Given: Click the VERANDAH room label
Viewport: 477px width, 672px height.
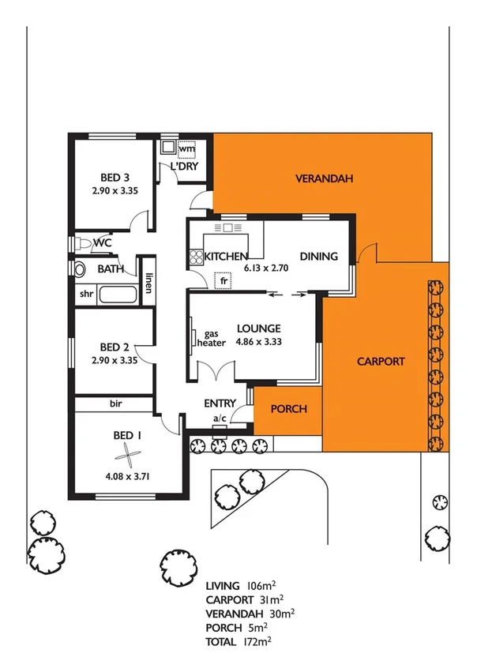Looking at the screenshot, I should coord(324,178).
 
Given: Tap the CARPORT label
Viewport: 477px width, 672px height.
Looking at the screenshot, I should coord(381,362).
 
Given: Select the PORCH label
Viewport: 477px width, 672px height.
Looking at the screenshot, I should coord(288,409).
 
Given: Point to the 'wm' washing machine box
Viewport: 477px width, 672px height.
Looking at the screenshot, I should coord(186,148).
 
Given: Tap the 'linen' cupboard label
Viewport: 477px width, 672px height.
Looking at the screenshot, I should coord(148,283).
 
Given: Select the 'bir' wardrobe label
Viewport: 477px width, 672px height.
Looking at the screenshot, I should coord(115,404).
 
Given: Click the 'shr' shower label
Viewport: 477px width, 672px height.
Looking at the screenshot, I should coord(86,295).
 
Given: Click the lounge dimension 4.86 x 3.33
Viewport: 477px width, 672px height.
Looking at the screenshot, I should coord(257,343).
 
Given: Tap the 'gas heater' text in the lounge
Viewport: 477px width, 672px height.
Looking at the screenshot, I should coord(216,339).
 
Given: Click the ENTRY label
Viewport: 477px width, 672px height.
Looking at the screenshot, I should coord(220,403).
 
